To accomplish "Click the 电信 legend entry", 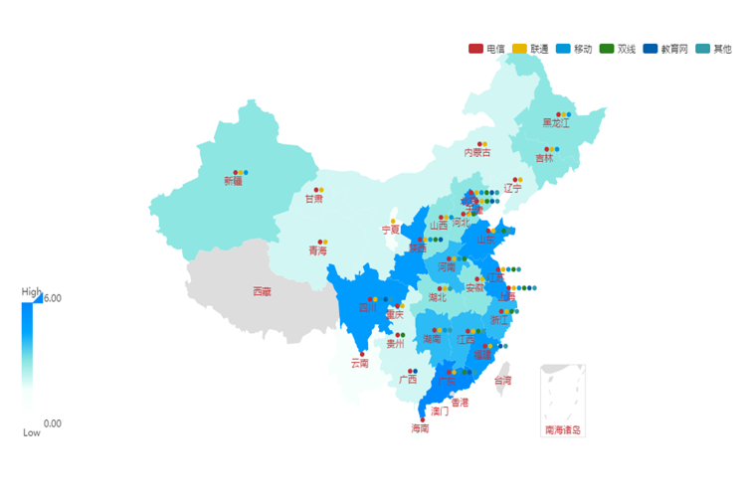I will pyautogui.click(x=486, y=48).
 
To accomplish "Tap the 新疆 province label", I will pyautogui.click(x=233, y=181).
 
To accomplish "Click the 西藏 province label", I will pyautogui.click(x=261, y=291).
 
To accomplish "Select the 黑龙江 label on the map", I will pyautogui.click(x=556, y=123).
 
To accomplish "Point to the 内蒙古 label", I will pyautogui.click(x=477, y=152).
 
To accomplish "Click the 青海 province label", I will pyautogui.click(x=316, y=250).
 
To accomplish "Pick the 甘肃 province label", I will pyautogui.click(x=313, y=199).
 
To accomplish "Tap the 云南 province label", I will pyautogui.click(x=359, y=363).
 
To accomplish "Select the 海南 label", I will pyautogui.click(x=420, y=428).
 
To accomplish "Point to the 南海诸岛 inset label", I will pyautogui.click(x=562, y=430).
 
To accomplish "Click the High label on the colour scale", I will pyautogui.click(x=32, y=292).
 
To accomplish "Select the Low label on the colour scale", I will pyautogui.click(x=32, y=432).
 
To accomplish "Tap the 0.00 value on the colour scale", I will pyautogui.click(x=52, y=423).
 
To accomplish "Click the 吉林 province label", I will pyautogui.click(x=544, y=158).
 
